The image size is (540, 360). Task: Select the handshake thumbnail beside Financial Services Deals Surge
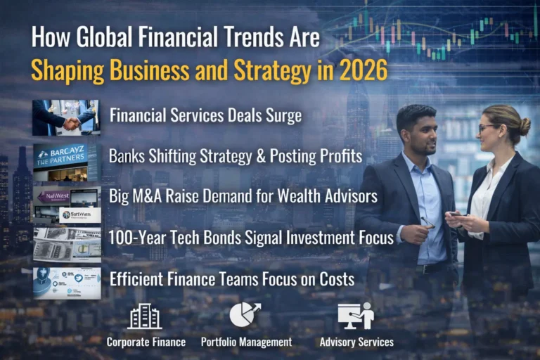(66, 117)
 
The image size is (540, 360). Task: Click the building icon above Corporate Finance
(145, 316)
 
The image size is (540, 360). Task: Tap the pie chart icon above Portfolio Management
(245, 315)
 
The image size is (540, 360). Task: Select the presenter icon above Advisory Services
(356, 316)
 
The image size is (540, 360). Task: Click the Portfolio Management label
(246, 342)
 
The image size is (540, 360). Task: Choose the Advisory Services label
(356, 342)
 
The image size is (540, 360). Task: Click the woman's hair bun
(525, 127)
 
